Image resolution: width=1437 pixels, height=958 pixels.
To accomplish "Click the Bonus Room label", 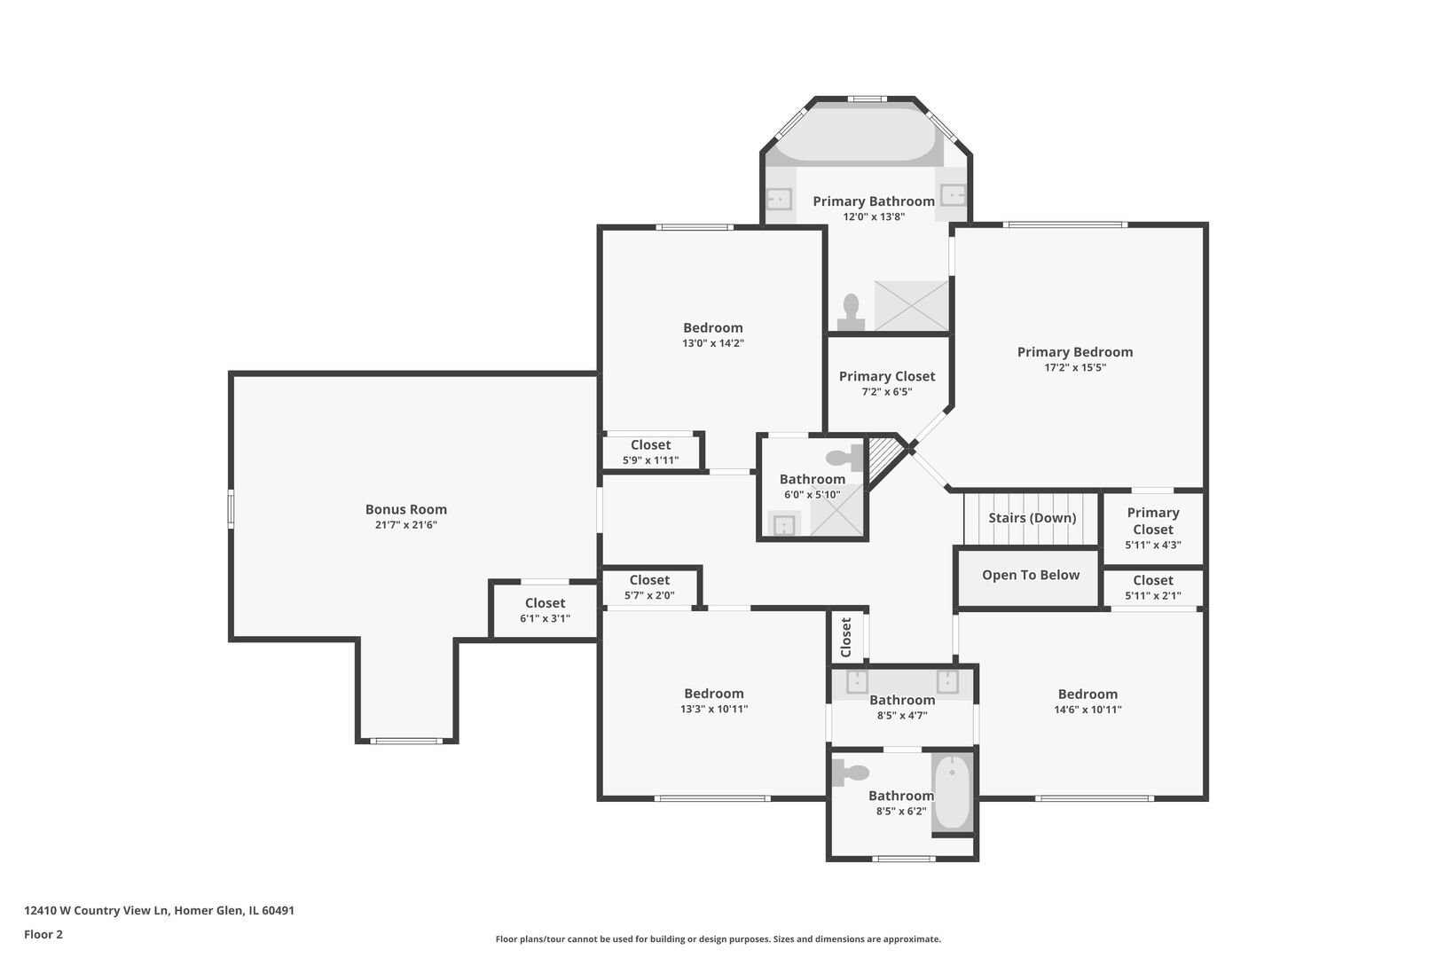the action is (406, 509).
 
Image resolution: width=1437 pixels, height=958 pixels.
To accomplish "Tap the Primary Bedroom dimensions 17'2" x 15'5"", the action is (1075, 367).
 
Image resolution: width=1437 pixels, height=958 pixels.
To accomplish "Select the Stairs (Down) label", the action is (1033, 518).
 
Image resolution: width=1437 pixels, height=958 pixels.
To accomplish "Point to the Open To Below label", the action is (1031, 575).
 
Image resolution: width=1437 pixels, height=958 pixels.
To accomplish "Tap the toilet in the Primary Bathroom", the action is (851, 312).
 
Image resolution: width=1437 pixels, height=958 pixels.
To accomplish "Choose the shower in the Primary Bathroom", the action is (911, 305).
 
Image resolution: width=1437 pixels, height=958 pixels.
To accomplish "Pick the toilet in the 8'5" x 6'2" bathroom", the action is (850, 773).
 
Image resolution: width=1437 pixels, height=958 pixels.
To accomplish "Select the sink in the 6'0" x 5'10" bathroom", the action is (784, 525).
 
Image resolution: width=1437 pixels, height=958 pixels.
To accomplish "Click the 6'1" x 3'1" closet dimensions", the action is (546, 618).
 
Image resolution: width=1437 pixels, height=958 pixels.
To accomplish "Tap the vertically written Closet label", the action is (845, 637).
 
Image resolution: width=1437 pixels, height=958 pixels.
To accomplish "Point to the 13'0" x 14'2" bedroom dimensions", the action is (713, 343).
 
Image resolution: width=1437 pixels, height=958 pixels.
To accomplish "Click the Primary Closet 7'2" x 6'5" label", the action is (887, 377).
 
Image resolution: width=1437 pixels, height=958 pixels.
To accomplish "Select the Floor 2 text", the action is (43, 934).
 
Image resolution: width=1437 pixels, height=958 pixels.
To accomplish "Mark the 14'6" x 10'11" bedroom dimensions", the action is (1088, 710).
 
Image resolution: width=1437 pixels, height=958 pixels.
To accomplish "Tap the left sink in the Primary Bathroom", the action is (779, 199).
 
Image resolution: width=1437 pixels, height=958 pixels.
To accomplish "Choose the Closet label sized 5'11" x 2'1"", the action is (1153, 580).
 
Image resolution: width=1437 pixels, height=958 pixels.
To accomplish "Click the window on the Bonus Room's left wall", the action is (231, 509).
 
